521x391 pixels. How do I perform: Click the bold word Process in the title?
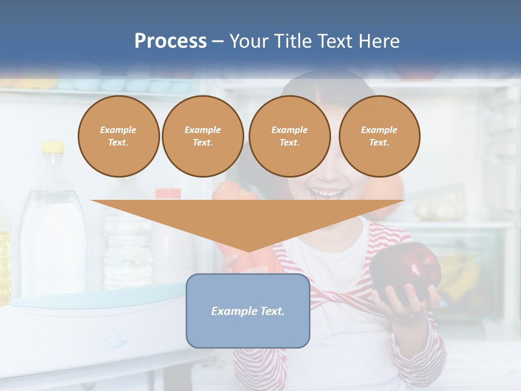(x=170, y=41)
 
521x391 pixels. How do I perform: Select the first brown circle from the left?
(x=118, y=136)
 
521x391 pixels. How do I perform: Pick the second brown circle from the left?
(x=202, y=136)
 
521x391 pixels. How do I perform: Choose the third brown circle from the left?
(x=289, y=136)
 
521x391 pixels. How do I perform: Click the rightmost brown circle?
(x=379, y=136)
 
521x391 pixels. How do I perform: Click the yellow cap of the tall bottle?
(x=53, y=146)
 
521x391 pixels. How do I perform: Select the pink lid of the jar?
(x=168, y=193)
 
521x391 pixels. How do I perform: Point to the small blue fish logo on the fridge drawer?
(x=115, y=339)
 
